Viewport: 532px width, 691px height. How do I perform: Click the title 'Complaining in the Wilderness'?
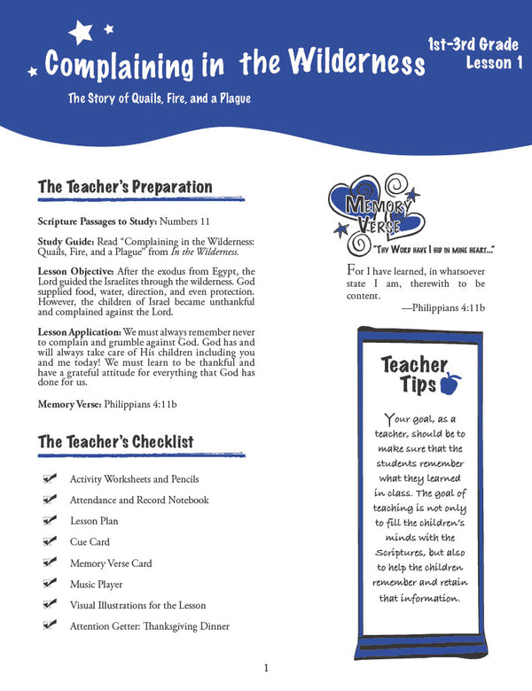click(x=234, y=65)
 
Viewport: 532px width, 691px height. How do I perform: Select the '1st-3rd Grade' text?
click(x=473, y=43)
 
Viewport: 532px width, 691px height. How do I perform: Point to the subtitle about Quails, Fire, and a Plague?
click(x=160, y=98)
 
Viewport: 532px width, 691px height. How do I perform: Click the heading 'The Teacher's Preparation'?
click(x=125, y=187)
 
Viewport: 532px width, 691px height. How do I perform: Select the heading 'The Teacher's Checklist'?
click(x=115, y=441)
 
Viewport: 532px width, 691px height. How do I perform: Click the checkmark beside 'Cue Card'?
click(x=50, y=541)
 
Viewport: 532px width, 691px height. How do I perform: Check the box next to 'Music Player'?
click(x=50, y=584)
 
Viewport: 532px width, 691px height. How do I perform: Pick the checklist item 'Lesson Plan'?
click(x=94, y=521)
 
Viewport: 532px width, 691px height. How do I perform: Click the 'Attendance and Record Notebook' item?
click(x=139, y=500)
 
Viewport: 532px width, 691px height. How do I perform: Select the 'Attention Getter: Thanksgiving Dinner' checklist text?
click(x=149, y=626)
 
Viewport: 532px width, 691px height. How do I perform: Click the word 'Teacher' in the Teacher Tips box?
click(x=414, y=363)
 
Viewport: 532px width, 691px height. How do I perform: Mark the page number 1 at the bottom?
click(x=266, y=668)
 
